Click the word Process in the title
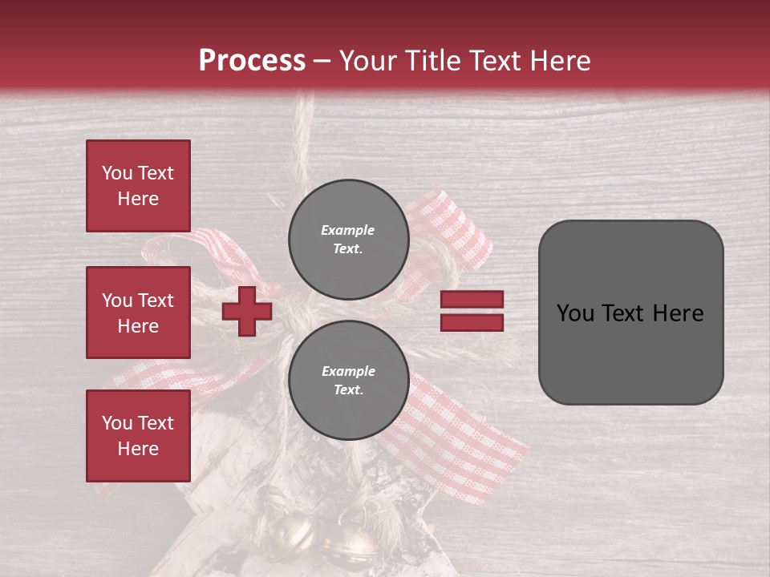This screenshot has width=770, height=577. [x=252, y=61]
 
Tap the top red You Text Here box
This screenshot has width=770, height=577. [x=138, y=186]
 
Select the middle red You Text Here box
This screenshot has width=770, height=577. [x=138, y=313]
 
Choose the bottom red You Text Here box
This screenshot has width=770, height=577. [x=138, y=436]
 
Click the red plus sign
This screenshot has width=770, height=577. [x=247, y=311]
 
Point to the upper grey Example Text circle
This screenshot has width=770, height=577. [x=348, y=239]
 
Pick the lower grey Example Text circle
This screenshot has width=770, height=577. [x=348, y=380]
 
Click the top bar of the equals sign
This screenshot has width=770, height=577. [x=472, y=300]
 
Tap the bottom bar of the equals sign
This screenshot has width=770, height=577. [x=472, y=322]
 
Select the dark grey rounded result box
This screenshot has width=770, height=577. [x=630, y=313]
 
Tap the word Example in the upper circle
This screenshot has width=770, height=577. [x=348, y=230]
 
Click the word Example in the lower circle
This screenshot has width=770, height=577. [x=348, y=371]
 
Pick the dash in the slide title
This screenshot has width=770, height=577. [x=322, y=61]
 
